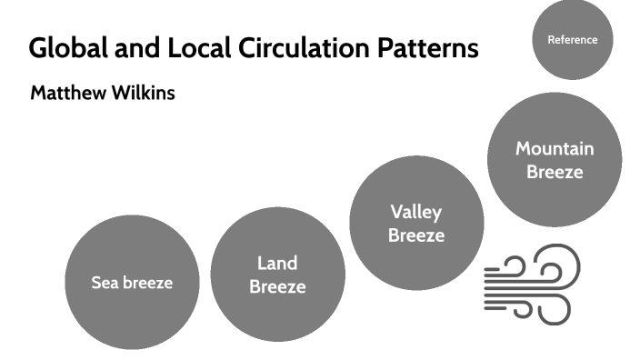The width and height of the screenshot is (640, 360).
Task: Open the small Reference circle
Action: point(573,40)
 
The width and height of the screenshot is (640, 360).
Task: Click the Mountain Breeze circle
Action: point(555,159)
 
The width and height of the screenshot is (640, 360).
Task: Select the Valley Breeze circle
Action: point(416,224)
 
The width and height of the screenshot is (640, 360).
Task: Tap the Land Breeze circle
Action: point(277,275)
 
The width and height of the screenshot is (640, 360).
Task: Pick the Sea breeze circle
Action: point(133,283)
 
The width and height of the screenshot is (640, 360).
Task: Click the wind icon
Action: point(531,285)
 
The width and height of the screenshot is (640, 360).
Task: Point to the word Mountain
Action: point(555,148)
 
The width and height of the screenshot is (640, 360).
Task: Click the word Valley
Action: point(416,213)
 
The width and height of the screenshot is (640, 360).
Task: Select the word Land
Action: point(277,264)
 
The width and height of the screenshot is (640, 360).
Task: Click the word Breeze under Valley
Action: point(416,235)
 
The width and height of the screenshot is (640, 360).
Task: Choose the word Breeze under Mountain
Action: point(555,171)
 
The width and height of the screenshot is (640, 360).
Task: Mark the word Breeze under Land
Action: point(277,287)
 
